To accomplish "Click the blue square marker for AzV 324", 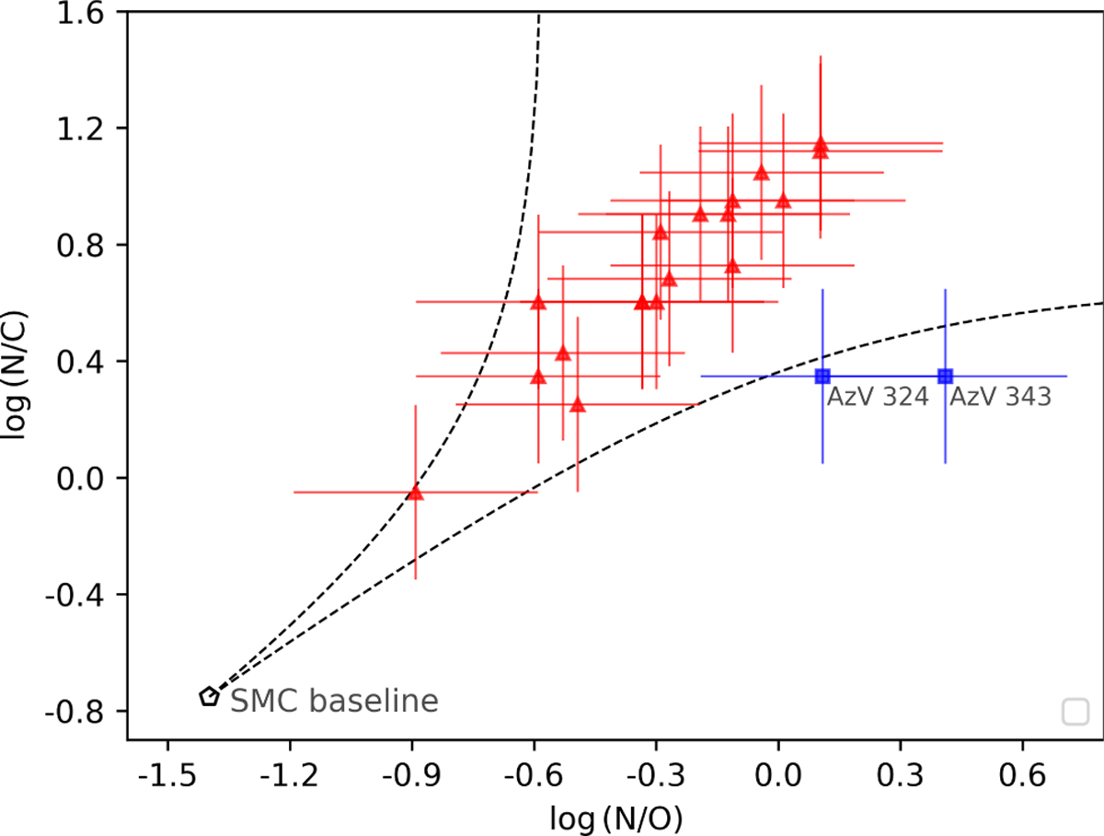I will (x=822, y=376).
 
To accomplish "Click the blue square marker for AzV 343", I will (x=945, y=376).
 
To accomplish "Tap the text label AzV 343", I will (x=999, y=398).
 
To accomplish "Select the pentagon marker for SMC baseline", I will (x=210, y=697).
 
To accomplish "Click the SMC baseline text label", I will (x=334, y=702).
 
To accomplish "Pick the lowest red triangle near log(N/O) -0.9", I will (x=415, y=493).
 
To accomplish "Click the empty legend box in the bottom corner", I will (x=1075, y=712).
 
